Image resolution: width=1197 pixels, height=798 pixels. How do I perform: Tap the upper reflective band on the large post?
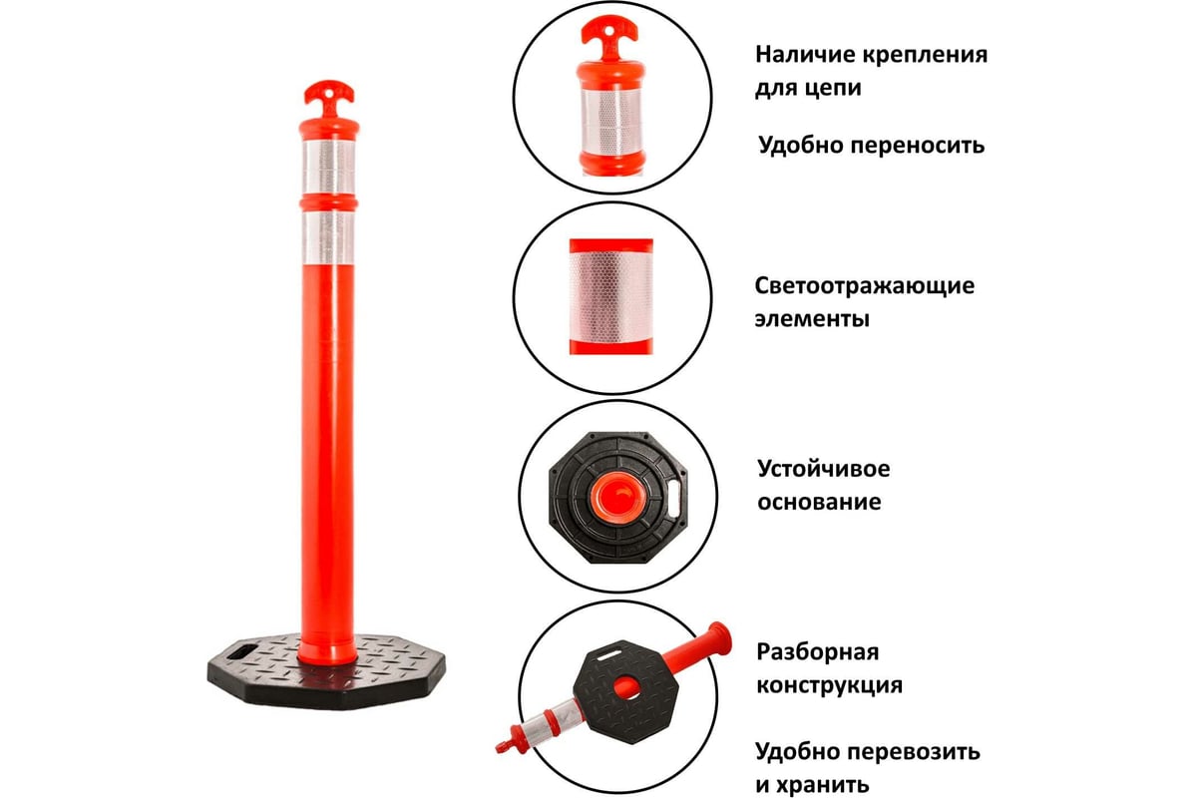[328, 168]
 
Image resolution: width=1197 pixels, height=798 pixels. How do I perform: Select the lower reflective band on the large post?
[328, 237]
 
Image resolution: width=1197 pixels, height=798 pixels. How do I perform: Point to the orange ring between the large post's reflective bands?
[328, 203]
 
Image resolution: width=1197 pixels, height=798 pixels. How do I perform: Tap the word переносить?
[918, 146]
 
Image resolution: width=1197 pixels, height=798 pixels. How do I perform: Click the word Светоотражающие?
[865, 286]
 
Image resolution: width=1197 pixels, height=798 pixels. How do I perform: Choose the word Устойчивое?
[824, 469]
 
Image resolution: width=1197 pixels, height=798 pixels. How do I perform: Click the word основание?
[819, 502]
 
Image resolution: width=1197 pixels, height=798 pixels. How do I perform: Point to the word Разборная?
[818, 652]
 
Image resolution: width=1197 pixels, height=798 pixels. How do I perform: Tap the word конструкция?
[829, 685]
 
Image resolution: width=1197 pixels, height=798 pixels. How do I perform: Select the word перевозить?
[915, 752]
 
